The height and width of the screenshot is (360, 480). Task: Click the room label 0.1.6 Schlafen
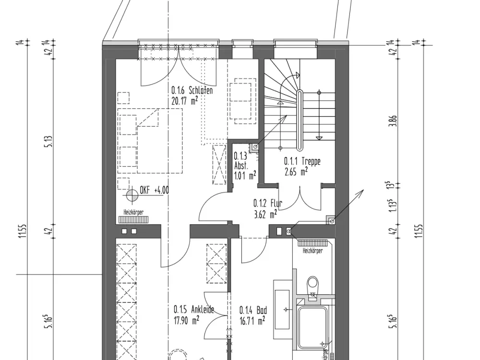tap(192, 91)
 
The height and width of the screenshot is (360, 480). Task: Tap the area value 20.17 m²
tap(185, 100)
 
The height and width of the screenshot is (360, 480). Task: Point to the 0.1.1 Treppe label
tap(302, 161)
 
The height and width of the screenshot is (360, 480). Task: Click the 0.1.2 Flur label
tap(267, 203)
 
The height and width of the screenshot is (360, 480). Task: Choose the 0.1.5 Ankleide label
tap(194, 310)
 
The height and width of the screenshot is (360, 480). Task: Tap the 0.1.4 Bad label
tap(253, 310)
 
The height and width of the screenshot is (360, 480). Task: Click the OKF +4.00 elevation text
tap(154, 190)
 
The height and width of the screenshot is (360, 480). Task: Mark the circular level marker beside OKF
tap(132, 195)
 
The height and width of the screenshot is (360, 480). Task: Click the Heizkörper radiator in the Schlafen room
tap(133, 219)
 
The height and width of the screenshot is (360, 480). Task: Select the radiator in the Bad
tap(312, 243)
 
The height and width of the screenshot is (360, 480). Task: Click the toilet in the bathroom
tap(313, 285)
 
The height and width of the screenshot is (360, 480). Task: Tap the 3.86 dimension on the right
tap(394, 121)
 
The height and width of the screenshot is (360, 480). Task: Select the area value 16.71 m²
tap(252, 321)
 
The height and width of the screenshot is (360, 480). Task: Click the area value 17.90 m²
tap(186, 320)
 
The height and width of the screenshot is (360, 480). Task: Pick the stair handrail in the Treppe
tap(300, 120)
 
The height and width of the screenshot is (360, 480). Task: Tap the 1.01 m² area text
tap(245, 175)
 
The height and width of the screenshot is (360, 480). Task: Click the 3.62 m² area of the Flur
tap(265, 214)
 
